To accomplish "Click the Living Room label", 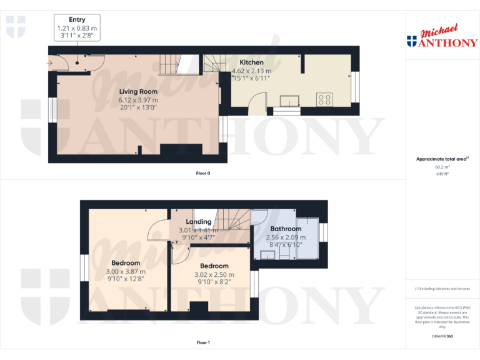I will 138,92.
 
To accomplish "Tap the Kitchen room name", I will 251,62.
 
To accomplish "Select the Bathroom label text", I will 286,229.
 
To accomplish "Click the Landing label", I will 199,222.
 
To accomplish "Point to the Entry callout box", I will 77,28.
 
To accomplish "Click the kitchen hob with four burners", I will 325,99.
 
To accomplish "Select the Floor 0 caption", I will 202,172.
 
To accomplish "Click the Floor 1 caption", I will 202,342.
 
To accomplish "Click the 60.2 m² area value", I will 442,167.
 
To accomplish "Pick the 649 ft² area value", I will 442,174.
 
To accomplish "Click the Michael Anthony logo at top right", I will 442,37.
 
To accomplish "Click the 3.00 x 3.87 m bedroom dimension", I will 125,272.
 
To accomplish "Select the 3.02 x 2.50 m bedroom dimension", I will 214,274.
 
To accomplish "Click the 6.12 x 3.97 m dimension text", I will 138,100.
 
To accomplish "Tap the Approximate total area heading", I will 441,159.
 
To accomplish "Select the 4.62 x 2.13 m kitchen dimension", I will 251,71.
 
